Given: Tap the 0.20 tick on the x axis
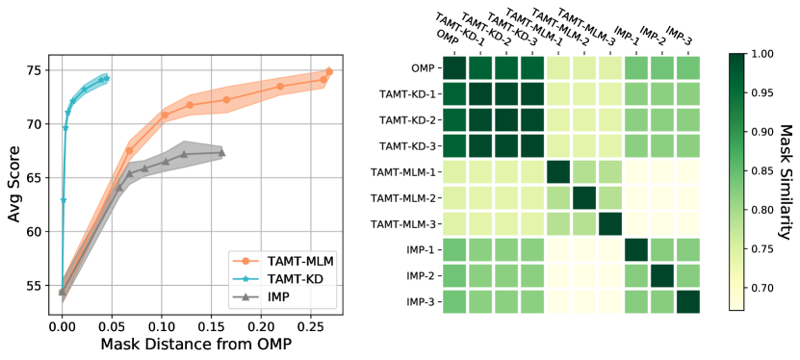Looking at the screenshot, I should click(259, 327).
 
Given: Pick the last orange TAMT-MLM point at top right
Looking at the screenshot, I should click(329, 71).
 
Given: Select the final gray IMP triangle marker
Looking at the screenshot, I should click(222, 152).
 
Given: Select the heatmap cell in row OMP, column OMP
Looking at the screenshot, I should click(454, 69).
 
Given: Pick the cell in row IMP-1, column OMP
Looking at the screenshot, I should click(454, 249).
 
